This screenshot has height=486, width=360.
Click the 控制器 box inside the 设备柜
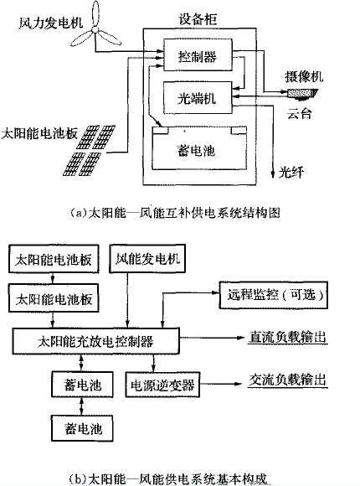tap(198, 54)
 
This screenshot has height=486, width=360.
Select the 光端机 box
tap(198, 98)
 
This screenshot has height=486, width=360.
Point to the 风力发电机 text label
tap(51, 23)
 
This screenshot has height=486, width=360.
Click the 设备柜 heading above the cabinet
tap(198, 19)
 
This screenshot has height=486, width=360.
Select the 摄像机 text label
tap(304, 76)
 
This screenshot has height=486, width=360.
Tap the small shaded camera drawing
tap(302, 94)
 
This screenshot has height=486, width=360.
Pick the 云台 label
tap(299, 113)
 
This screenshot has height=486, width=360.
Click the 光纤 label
tap(291, 172)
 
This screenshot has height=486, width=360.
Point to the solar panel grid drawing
tap(89, 150)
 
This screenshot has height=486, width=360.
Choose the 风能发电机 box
tap(147, 258)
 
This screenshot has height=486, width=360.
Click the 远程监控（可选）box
tap(273, 295)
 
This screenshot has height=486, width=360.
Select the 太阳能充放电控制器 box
tap(95, 341)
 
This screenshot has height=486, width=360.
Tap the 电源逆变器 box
tap(162, 385)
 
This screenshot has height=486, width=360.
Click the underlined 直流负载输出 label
tap(287, 337)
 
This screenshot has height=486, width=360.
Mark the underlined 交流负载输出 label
tap(287, 380)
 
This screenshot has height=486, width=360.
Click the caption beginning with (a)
tap(175, 213)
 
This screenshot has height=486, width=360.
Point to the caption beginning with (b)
tap(168, 478)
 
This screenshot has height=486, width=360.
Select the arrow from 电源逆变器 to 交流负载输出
tap(220, 384)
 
